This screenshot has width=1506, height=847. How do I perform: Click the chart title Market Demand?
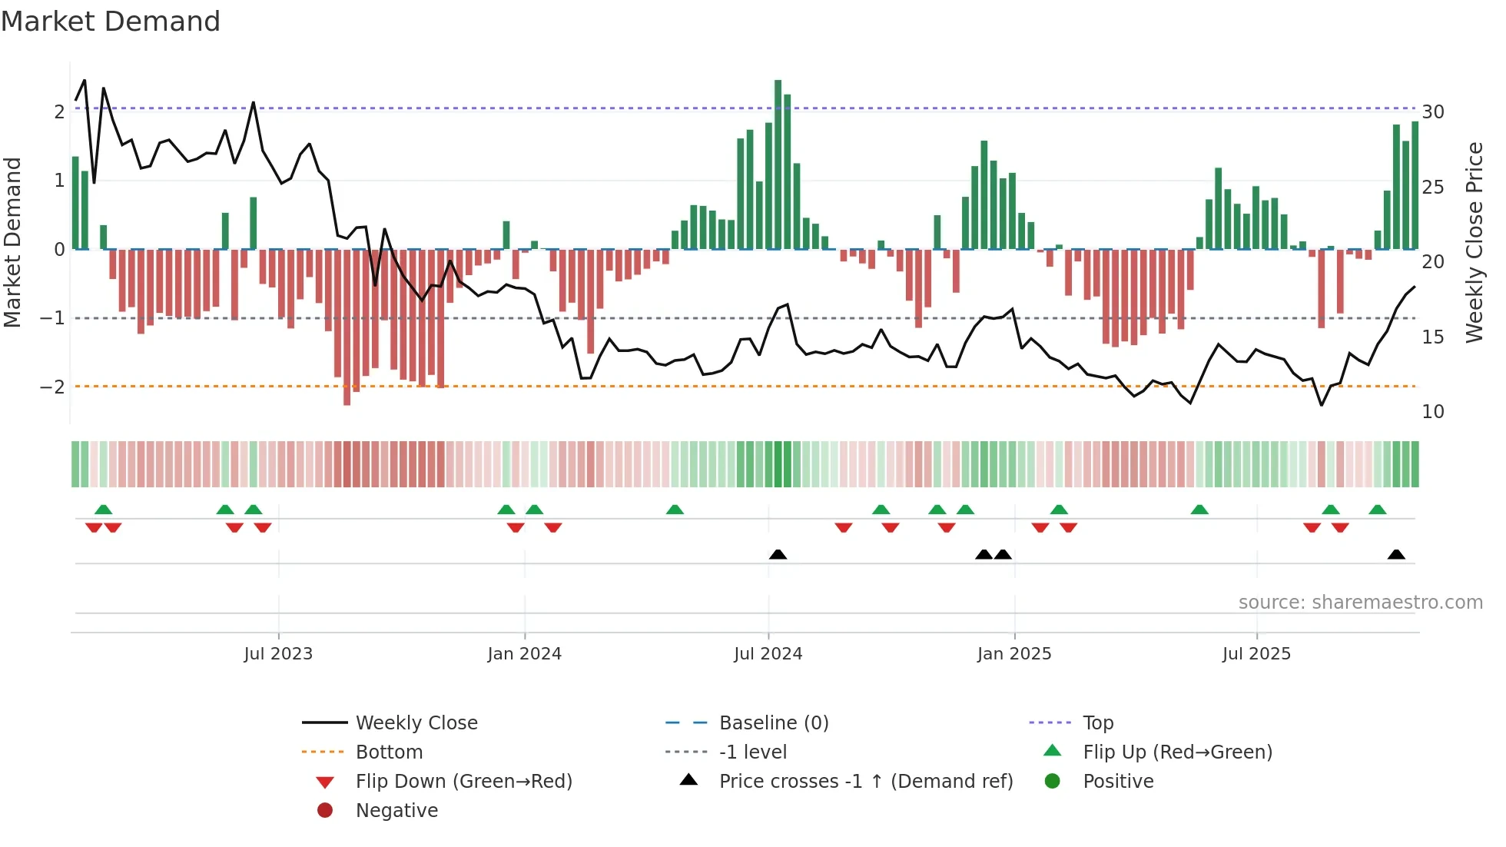(x=111, y=22)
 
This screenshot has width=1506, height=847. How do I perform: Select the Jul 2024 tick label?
(x=768, y=654)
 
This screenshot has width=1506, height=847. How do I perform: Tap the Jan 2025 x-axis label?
(x=1013, y=654)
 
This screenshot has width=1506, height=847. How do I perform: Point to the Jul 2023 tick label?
(x=278, y=654)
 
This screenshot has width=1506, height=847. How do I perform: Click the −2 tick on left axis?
(x=52, y=387)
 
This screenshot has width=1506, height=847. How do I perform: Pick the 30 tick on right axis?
(x=1432, y=112)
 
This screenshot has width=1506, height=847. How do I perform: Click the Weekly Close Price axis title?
(x=1474, y=242)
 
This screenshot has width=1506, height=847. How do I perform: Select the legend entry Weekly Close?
(x=416, y=723)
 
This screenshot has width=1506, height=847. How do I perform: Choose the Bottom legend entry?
(x=389, y=752)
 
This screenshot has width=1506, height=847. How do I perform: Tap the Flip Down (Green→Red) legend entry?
(x=463, y=782)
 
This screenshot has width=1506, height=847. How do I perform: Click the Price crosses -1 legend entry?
(x=865, y=782)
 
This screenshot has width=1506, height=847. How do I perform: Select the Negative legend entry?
(x=396, y=811)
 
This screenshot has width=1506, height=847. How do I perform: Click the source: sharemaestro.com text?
(x=1360, y=603)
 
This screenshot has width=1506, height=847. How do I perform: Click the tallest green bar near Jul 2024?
(x=778, y=164)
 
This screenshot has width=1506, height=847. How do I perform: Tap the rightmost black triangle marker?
(x=1396, y=555)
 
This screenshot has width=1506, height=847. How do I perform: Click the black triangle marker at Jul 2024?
(x=778, y=555)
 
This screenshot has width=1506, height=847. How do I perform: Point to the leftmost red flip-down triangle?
(x=94, y=527)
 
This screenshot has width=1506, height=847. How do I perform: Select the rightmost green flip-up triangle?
(x=1377, y=510)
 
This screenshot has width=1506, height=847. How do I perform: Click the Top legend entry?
(x=1098, y=723)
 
